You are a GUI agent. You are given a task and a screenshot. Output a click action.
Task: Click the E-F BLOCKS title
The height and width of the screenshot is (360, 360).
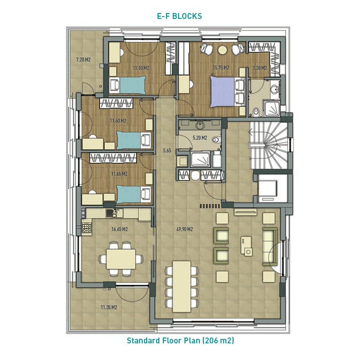(179, 16)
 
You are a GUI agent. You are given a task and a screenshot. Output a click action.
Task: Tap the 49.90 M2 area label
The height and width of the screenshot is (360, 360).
(184, 229)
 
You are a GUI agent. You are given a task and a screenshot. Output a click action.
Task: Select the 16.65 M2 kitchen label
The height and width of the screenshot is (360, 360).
(119, 229)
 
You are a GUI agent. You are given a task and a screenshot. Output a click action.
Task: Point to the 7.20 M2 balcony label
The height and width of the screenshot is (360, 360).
(83, 60)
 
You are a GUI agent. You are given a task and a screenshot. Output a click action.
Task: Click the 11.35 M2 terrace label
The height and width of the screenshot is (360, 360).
(109, 307)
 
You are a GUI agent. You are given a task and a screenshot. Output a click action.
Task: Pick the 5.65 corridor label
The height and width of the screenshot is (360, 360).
(167, 151)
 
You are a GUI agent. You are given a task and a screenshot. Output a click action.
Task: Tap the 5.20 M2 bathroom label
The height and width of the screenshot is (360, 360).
(200, 138)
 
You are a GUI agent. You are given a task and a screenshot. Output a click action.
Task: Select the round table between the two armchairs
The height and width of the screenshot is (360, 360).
(222, 50)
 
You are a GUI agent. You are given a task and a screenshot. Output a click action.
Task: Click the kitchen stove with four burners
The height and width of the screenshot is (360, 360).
(87, 228)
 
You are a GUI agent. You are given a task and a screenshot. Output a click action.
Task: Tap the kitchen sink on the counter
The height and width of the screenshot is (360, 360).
(112, 213)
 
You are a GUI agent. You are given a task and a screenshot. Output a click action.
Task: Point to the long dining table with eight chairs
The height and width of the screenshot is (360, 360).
(182, 286)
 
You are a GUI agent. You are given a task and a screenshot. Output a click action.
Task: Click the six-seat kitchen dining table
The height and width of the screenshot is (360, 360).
(121, 259)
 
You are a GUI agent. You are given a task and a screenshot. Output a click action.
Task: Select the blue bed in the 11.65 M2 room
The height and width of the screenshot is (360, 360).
(129, 194)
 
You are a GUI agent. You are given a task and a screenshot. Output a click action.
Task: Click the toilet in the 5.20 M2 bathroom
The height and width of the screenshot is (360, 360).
(216, 139)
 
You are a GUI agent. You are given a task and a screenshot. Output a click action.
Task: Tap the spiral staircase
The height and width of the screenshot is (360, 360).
(269, 145)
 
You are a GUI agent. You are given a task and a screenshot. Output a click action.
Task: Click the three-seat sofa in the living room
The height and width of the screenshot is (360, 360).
(270, 246)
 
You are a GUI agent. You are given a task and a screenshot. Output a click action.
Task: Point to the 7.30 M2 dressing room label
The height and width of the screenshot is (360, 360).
(260, 68)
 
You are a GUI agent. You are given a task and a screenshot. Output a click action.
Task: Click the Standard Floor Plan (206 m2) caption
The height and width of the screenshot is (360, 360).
(180, 340)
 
